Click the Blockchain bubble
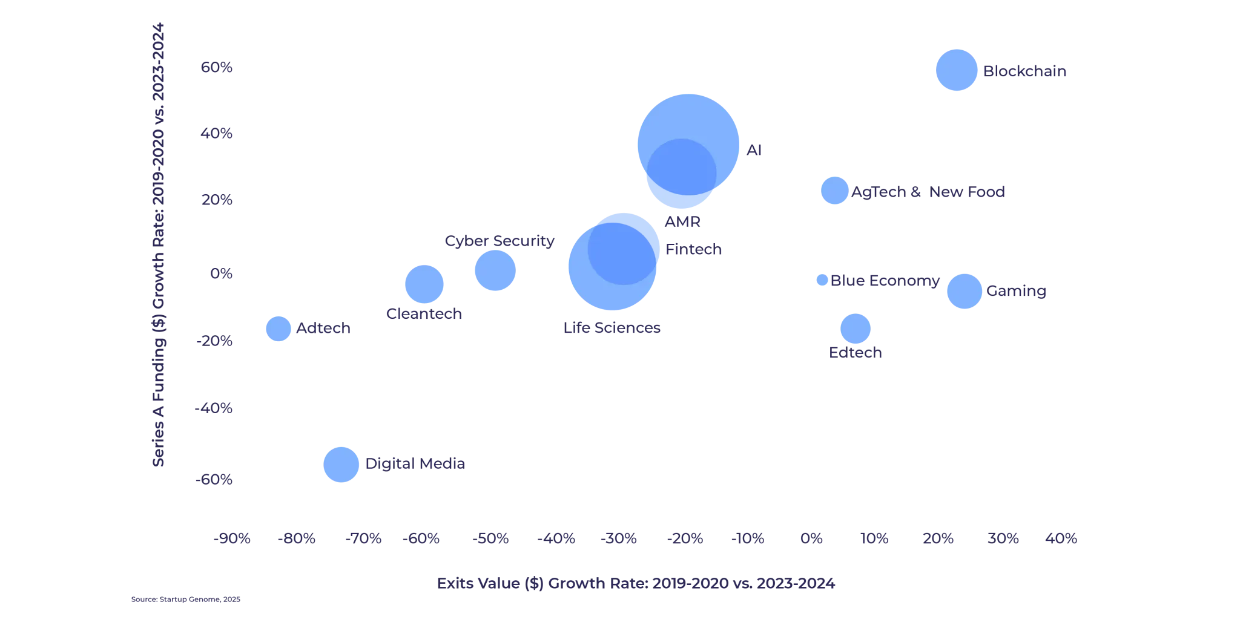point(956,70)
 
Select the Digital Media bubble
point(340,465)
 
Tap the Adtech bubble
point(279,329)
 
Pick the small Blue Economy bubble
point(822,279)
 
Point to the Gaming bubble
point(963,291)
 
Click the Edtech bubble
point(855,327)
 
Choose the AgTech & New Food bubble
point(834,191)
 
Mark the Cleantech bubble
point(424,283)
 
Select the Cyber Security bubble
point(495,270)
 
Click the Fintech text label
point(693,249)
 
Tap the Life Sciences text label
point(612,328)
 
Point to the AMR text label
point(682,221)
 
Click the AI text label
point(755,151)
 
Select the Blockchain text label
point(1026,71)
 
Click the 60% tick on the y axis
point(216,67)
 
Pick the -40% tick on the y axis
point(213,410)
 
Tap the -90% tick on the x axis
point(233,539)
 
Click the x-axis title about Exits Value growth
point(636,584)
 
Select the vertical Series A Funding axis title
point(158,242)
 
